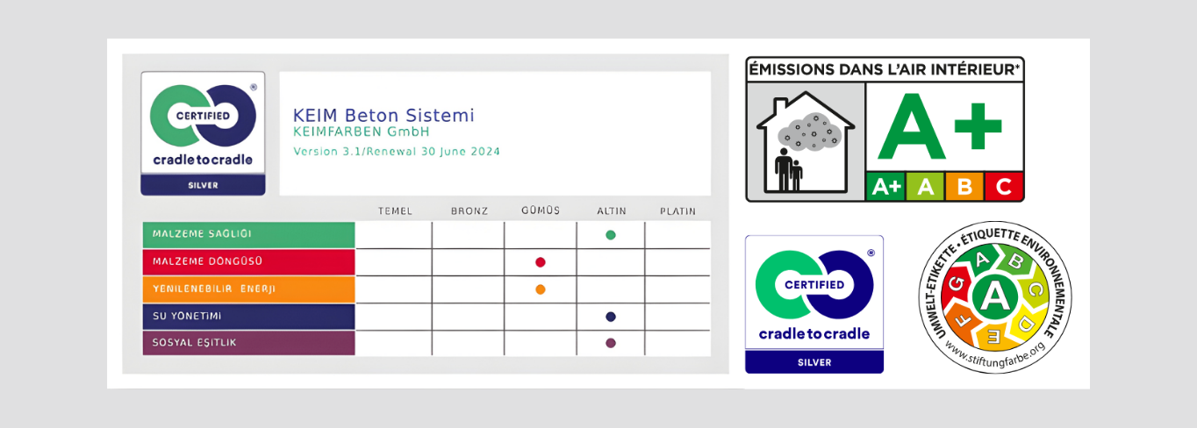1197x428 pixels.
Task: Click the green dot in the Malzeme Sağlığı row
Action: pyautogui.click(x=611, y=235)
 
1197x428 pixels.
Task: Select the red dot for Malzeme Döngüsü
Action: pyautogui.click(x=541, y=262)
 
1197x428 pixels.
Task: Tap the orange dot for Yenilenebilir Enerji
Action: pyautogui.click(x=541, y=289)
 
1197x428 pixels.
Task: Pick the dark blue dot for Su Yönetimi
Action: pyautogui.click(x=611, y=317)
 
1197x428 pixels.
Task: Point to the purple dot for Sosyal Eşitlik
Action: pyautogui.click(x=611, y=343)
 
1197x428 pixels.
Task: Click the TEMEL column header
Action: pyautogui.click(x=395, y=211)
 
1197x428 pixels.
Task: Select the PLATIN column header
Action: pyautogui.click(x=677, y=211)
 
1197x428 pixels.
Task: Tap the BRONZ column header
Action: pyautogui.click(x=469, y=211)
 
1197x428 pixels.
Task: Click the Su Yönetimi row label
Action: pyautogui.click(x=187, y=316)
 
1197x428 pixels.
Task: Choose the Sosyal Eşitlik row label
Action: pyautogui.click(x=194, y=343)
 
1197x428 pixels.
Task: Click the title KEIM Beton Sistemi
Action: pyautogui.click(x=383, y=116)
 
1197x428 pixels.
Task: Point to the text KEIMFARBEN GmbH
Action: pyautogui.click(x=362, y=132)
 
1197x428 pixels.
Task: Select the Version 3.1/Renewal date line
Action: pyautogui.click(x=397, y=151)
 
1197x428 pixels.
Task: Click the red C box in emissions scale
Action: pyautogui.click(x=1004, y=187)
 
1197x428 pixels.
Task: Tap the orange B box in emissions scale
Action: pyautogui.click(x=964, y=187)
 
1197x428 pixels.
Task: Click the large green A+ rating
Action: pyautogui.click(x=939, y=126)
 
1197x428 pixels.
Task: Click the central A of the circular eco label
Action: pyautogui.click(x=994, y=296)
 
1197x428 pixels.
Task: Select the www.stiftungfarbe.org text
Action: pyautogui.click(x=995, y=356)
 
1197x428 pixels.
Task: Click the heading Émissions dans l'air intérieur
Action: pyautogui.click(x=885, y=69)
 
